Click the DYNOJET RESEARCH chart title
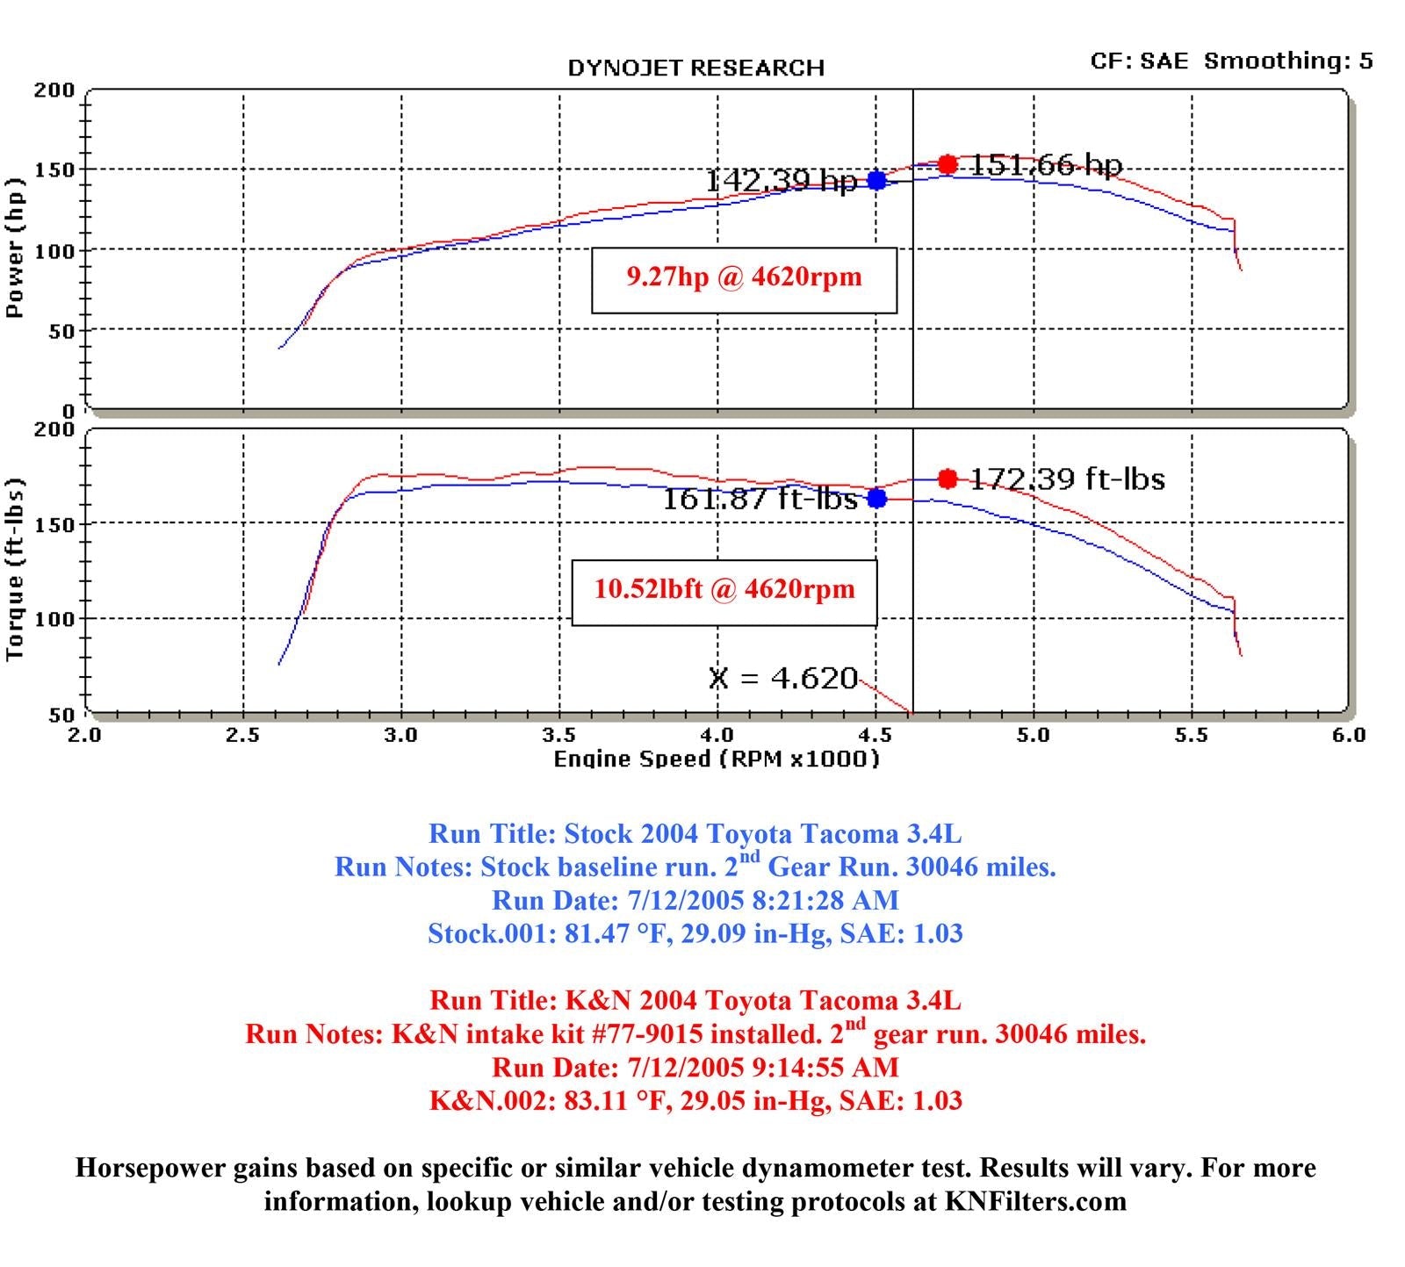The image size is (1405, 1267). click(695, 68)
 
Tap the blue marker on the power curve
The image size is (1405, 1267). click(876, 180)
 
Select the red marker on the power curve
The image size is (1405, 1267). click(947, 164)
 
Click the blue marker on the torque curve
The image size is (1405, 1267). click(876, 498)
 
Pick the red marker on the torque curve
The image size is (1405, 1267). click(947, 479)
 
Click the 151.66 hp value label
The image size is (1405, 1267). click(1046, 165)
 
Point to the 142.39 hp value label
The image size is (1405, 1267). click(781, 181)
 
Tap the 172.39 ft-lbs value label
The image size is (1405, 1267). click(1068, 479)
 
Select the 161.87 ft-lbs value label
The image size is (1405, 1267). click(759, 499)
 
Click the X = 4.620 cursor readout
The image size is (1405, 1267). click(782, 678)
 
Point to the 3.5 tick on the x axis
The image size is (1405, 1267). click(558, 735)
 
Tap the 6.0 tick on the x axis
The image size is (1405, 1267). click(1348, 735)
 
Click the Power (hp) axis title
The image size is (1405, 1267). click(15, 248)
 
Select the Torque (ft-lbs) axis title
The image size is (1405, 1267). click(15, 570)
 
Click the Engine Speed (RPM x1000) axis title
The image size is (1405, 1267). click(717, 759)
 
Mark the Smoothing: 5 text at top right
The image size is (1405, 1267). click(1288, 61)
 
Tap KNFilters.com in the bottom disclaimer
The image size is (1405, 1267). click(1035, 1201)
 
